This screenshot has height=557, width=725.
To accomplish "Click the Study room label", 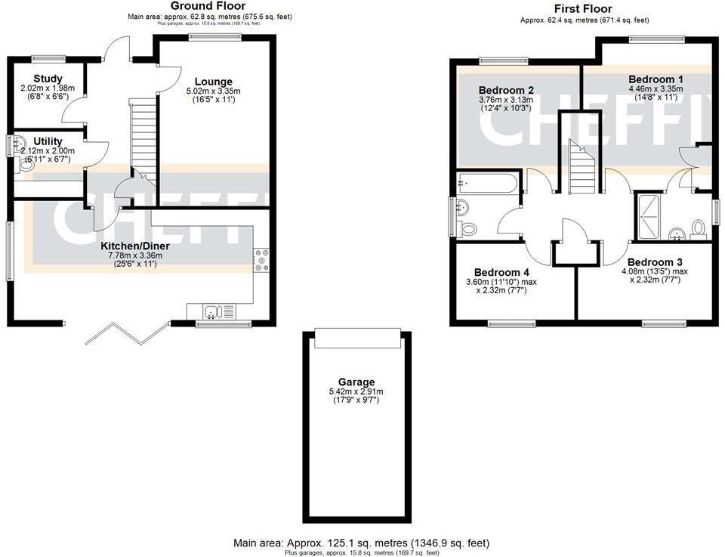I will [x=48, y=79].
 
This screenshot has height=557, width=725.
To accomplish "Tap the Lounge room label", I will [x=214, y=82].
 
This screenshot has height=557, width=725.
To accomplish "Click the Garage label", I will [x=356, y=382].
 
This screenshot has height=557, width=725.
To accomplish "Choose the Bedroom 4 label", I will [x=497, y=273].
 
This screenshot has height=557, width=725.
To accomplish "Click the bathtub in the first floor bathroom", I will [x=486, y=182].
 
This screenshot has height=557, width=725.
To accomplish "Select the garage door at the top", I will [x=356, y=339].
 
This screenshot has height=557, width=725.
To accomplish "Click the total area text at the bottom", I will [x=362, y=543].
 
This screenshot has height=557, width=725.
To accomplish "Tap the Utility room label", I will [x=47, y=141].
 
